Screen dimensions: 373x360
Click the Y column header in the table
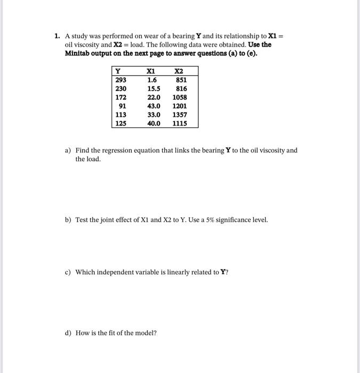(x=118, y=71)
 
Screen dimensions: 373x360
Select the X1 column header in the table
(x=151, y=71)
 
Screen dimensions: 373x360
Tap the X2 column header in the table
(x=179, y=71)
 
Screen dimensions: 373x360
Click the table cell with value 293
(x=121, y=80)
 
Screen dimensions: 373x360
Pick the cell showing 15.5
(x=154, y=88)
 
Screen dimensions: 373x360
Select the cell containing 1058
(x=180, y=98)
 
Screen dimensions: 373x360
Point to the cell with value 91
(x=122, y=106)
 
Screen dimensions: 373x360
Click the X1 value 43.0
(x=154, y=106)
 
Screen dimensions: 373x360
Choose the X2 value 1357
(x=180, y=115)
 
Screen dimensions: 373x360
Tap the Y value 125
(x=121, y=123)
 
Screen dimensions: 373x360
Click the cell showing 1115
(x=180, y=123)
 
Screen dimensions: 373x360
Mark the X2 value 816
(x=181, y=88)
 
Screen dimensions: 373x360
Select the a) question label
(x=68, y=150)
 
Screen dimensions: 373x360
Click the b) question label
(x=68, y=220)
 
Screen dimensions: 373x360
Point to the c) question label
(x=68, y=272)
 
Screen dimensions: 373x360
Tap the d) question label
(x=68, y=333)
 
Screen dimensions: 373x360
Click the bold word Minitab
(x=77, y=53)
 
